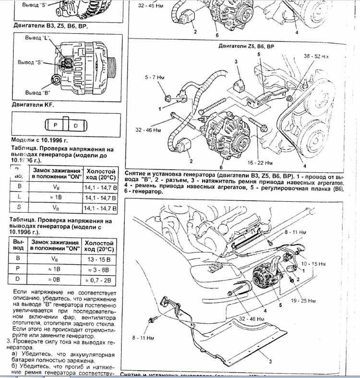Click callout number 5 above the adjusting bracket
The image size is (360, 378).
tap(258, 55)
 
